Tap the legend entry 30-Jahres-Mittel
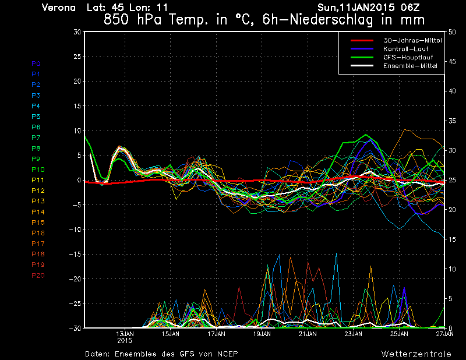412,40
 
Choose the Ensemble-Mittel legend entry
409,66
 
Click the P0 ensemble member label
36,63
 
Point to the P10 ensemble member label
38,170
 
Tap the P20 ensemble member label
38,276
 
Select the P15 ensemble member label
38,223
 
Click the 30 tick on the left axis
77,32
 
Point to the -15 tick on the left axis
74,255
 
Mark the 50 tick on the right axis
452,32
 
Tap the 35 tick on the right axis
452,121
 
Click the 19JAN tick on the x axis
262,334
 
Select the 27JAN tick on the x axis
444,334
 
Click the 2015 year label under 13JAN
125,341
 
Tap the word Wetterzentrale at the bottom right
416,354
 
